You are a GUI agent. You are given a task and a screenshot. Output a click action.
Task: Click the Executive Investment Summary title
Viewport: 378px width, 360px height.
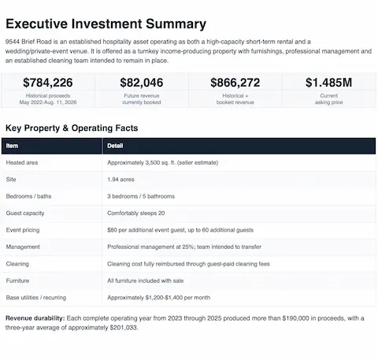pos(106,24)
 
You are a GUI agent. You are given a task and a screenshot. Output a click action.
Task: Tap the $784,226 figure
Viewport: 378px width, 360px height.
pos(48,83)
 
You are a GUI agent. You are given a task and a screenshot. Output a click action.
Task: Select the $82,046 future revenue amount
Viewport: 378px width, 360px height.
pos(142,83)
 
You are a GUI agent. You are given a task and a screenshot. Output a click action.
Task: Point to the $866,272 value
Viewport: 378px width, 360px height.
pos(235,83)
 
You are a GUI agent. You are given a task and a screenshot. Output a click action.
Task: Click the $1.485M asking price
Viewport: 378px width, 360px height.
pos(328,83)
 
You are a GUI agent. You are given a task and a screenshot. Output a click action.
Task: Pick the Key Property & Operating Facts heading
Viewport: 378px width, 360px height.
pos(72,128)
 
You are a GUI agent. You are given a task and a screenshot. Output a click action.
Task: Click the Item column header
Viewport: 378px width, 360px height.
pos(12,146)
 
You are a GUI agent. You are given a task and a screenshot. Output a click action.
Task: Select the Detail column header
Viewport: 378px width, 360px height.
pos(115,146)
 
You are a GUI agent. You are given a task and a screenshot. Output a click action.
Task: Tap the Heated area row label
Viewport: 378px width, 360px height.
pos(22,162)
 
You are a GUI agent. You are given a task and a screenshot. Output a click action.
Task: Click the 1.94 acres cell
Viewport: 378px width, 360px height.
pos(120,180)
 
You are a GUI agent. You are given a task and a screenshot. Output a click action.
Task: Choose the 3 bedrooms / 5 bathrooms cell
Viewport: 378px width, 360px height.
pos(141,196)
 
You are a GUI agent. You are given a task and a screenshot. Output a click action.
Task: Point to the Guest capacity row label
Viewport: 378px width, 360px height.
pos(25,213)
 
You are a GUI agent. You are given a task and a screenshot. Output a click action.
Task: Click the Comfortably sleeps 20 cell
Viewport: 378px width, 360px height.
pos(136,213)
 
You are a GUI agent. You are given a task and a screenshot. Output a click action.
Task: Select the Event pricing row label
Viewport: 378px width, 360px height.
pos(23,230)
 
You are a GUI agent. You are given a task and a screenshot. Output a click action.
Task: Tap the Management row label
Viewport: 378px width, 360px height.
pos(23,247)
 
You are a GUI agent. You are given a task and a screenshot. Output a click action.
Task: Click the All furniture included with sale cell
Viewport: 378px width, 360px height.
pos(146,280)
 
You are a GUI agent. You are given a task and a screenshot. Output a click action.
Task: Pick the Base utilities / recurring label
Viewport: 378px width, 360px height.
pos(36,298)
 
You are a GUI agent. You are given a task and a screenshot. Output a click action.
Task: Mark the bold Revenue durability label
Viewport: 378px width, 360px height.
pos(35,318)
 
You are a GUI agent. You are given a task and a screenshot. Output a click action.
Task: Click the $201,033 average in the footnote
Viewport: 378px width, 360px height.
pos(124,328)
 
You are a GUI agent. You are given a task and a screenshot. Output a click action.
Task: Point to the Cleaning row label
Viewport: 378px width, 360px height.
pos(17,264)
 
